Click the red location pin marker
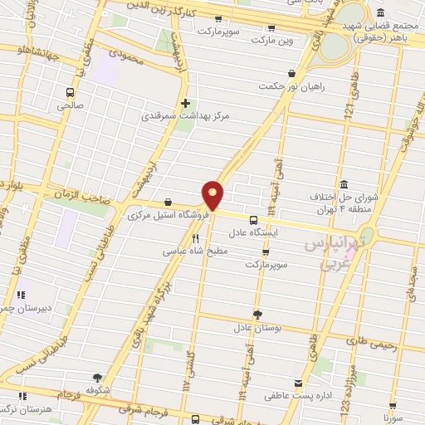point(213,195)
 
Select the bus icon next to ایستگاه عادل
point(253,220)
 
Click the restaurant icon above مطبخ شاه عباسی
point(196,237)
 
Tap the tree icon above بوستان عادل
point(257,314)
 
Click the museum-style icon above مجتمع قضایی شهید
point(379,13)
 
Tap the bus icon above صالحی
point(70,92)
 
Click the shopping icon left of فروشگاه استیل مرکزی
point(169,201)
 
